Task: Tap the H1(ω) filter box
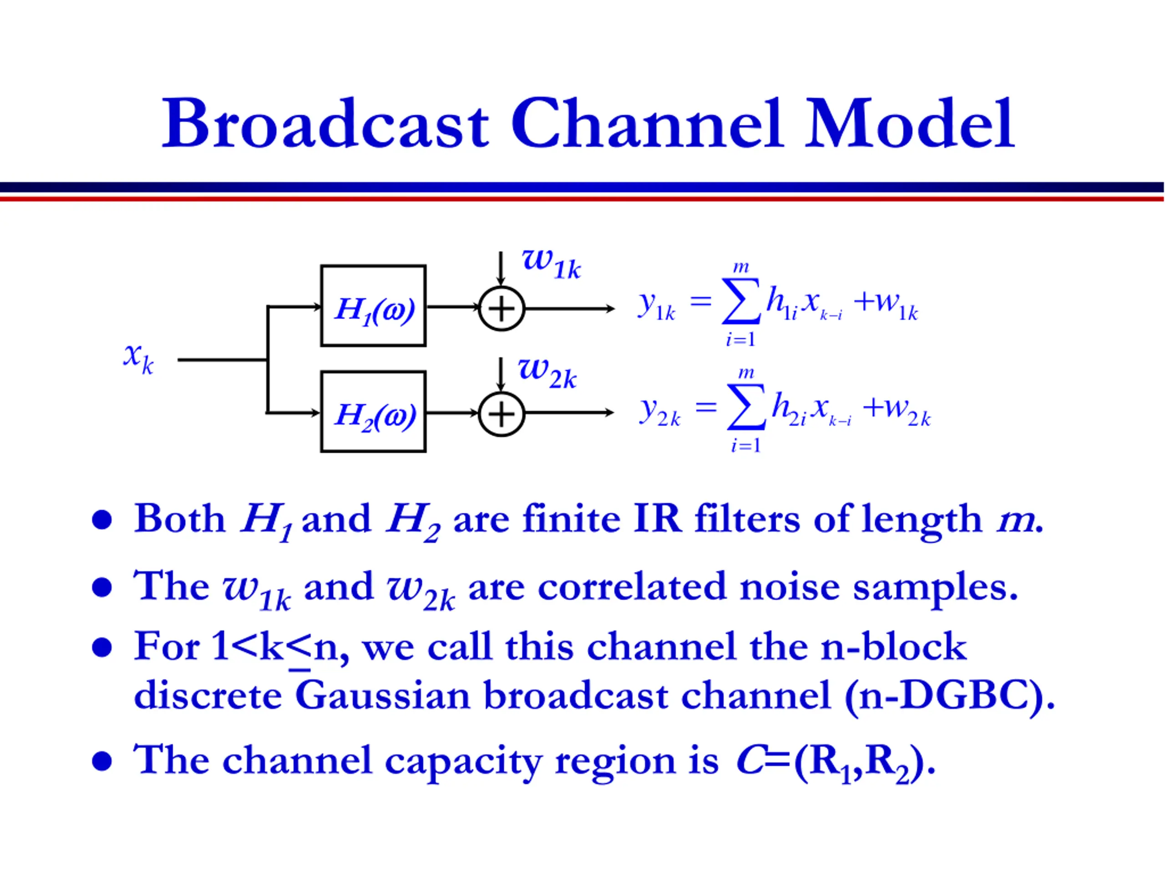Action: click(x=374, y=306)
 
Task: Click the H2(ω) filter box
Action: click(x=374, y=412)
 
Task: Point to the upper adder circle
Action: click(x=501, y=309)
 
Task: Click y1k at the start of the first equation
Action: click(x=656, y=305)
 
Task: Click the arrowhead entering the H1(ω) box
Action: click(x=317, y=306)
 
